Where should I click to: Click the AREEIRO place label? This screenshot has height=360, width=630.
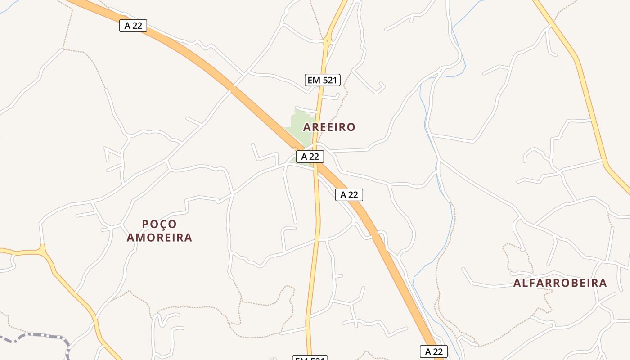pos(329,127)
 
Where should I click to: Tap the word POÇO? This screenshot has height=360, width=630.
pos(159,224)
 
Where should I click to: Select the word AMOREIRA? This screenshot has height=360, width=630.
pos(159,237)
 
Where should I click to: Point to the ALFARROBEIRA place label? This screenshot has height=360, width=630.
pos(560,283)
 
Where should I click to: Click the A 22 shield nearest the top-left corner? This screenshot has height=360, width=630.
pos(133,26)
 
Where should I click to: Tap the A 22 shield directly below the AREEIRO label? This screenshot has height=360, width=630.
pos(310,157)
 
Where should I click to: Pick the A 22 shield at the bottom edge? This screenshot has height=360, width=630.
pos(434,351)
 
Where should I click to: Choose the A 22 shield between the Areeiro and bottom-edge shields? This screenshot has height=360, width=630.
pos(349,195)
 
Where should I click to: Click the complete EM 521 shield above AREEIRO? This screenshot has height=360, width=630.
pos(323,80)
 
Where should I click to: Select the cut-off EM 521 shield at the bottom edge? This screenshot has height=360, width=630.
pos(310,358)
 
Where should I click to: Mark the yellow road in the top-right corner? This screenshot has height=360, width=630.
pos(580,67)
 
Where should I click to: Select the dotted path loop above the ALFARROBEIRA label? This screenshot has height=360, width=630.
pos(517,256)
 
